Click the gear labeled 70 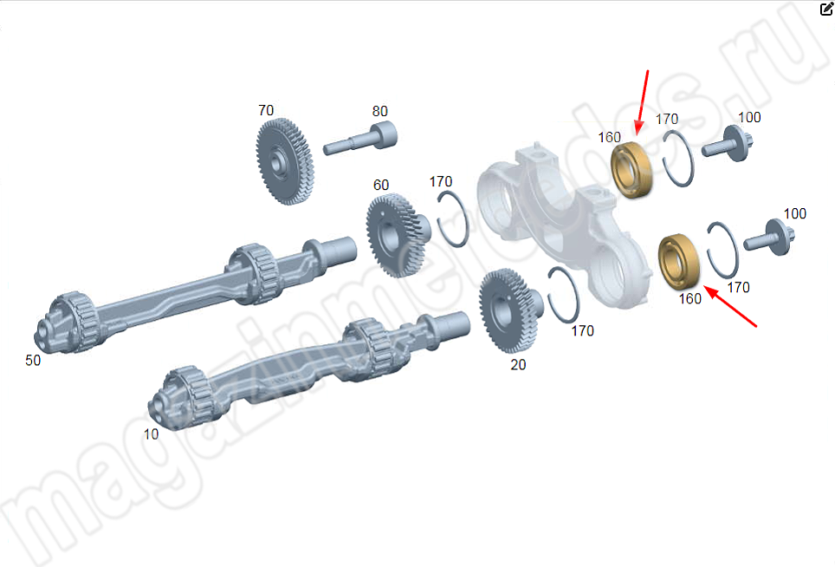click(x=284, y=161)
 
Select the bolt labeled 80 click(x=360, y=138)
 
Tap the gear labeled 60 click(x=398, y=235)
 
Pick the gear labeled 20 click(x=509, y=310)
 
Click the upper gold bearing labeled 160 click(x=631, y=169)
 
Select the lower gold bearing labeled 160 click(x=679, y=262)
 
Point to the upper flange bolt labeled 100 click(x=727, y=144)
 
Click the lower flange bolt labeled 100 click(x=769, y=238)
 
